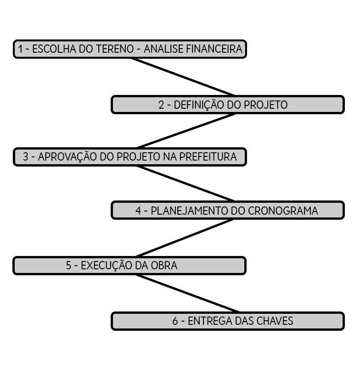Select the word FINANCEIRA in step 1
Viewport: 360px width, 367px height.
[214, 49]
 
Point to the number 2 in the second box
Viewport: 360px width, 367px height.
[161, 105]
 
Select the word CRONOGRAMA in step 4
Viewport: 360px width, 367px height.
[283, 211]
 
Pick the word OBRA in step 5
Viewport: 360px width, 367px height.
[163, 265]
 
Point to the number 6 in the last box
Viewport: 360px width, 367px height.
[175, 321]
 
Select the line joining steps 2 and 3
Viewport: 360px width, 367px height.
[186, 131]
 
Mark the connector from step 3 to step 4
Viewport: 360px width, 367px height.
[186, 183]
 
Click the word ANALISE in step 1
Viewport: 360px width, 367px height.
[163, 49]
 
